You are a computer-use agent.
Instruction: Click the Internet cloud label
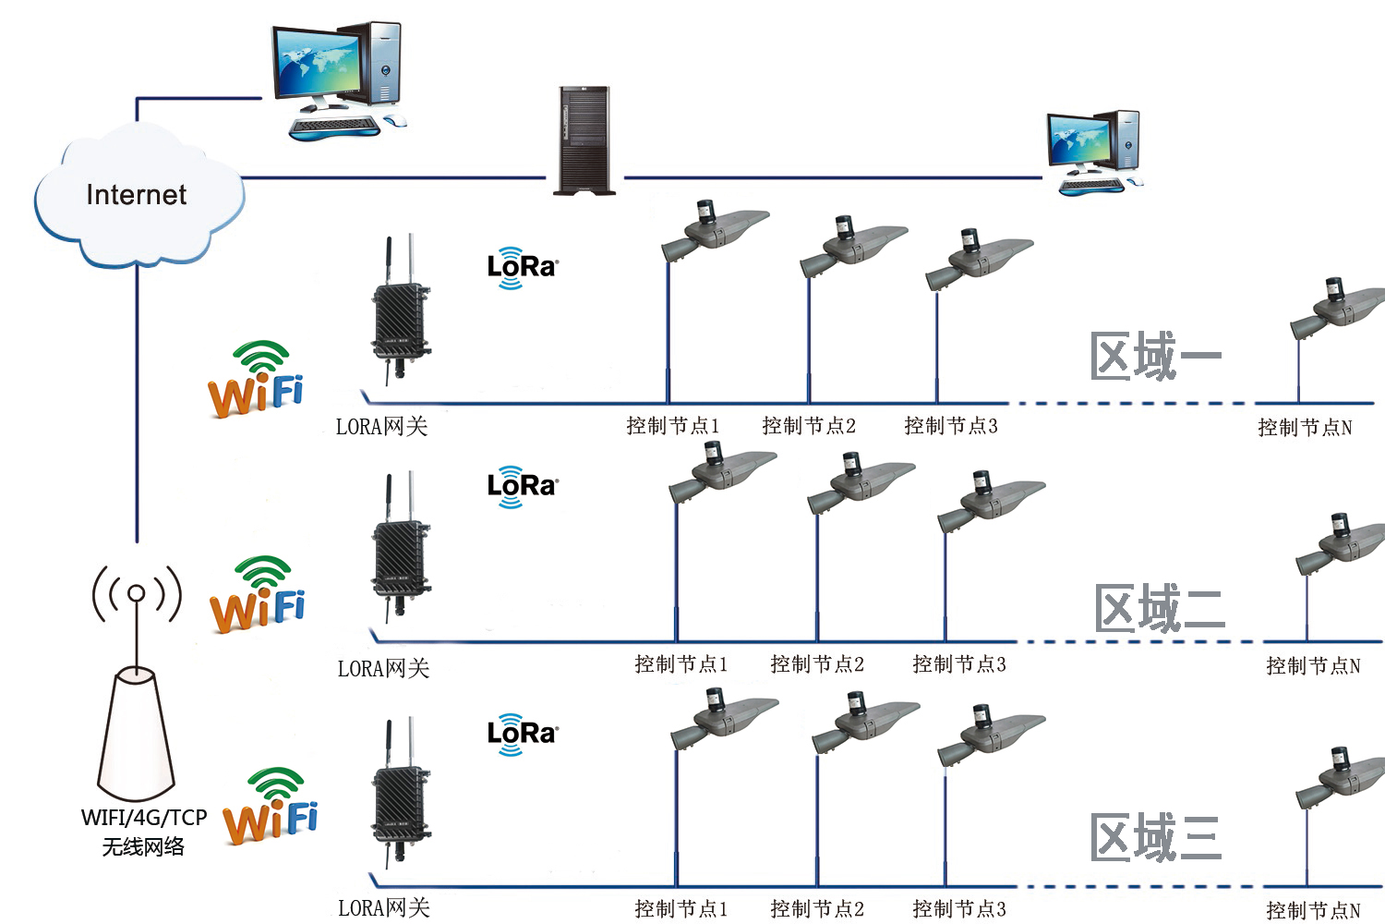coord(137,195)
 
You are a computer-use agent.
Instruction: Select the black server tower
coord(584,140)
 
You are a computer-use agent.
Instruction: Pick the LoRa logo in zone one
coord(522,267)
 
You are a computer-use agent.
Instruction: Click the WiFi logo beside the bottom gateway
coord(271,806)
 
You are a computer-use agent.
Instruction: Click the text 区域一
coord(1154,357)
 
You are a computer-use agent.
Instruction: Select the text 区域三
coord(1155,838)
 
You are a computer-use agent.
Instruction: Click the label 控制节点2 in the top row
coord(809,426)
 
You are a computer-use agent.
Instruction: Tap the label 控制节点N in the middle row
coord(1313,665)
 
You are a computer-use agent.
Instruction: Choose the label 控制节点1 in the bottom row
coord(680,908)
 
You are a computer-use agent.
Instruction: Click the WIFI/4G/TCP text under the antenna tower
coord(144,818)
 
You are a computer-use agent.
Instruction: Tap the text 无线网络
coord(143,846)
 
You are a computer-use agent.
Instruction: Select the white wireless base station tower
coord(137,735)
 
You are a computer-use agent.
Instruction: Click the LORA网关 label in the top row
coord(381,427)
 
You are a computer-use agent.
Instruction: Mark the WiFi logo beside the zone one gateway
coord(257,380)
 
